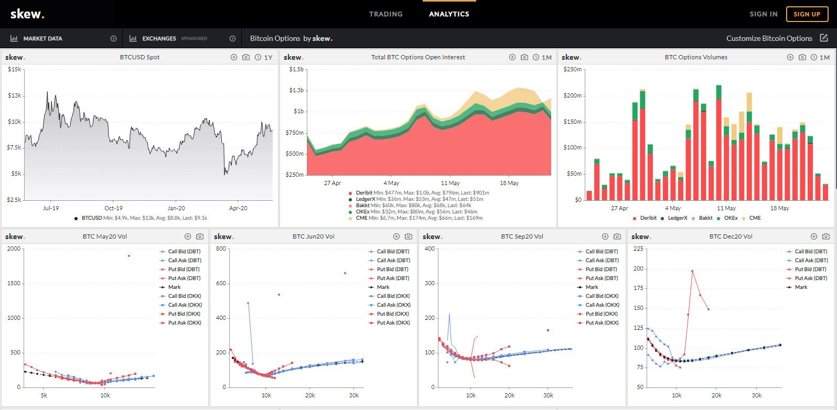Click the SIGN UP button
(x=807, y=14)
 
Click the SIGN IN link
(x=763, y=14)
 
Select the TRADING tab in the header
(x=385, y=14)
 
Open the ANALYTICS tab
(x=449, y=14)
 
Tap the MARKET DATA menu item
(x=42, y=38)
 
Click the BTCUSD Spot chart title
(x=139, y=57)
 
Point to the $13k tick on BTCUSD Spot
(x=14, y=95)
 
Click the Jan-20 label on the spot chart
(x=176, y=208)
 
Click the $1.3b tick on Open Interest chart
(x=296, y=90)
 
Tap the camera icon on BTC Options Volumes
(x=802, y=57)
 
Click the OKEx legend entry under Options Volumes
(x=730, y=218)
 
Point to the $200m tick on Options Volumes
(x=572, y=95)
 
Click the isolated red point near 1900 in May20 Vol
(x=129, y=256)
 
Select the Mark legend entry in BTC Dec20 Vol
(x=801, y=287)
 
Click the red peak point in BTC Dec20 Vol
(x=692, y=271)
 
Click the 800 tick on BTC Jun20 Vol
(x=221, y=249)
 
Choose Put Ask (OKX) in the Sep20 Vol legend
(x=602, y=323)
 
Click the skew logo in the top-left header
(x=27, y=14)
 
